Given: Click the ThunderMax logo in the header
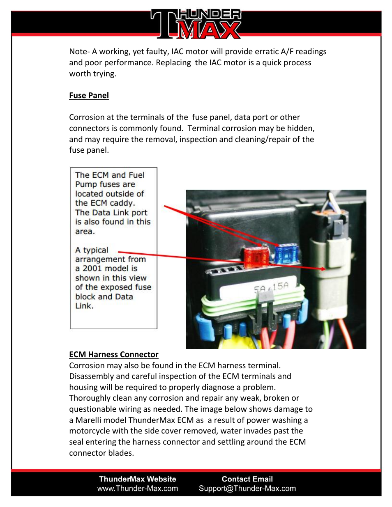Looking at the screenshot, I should (x=196, y=24).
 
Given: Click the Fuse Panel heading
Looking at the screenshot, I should (x=89, y=95).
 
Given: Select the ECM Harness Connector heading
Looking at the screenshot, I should (x=113, y=354).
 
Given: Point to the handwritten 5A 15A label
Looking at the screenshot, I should (x=271, y=287).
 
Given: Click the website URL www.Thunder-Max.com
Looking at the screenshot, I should (x=137, y=489).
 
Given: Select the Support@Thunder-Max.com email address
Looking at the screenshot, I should (x=247, y=489).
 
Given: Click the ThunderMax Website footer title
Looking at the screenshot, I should (x=137, y=479).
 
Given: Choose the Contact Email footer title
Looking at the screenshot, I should (x=247, y=479).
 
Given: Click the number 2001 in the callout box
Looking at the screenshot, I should (x=92, y=268).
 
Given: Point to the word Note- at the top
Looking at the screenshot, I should (x=79, y=52).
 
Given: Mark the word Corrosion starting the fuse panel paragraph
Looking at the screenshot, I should (x=87, y=117).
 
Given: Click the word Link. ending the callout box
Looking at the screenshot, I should (x=84, y=306).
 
